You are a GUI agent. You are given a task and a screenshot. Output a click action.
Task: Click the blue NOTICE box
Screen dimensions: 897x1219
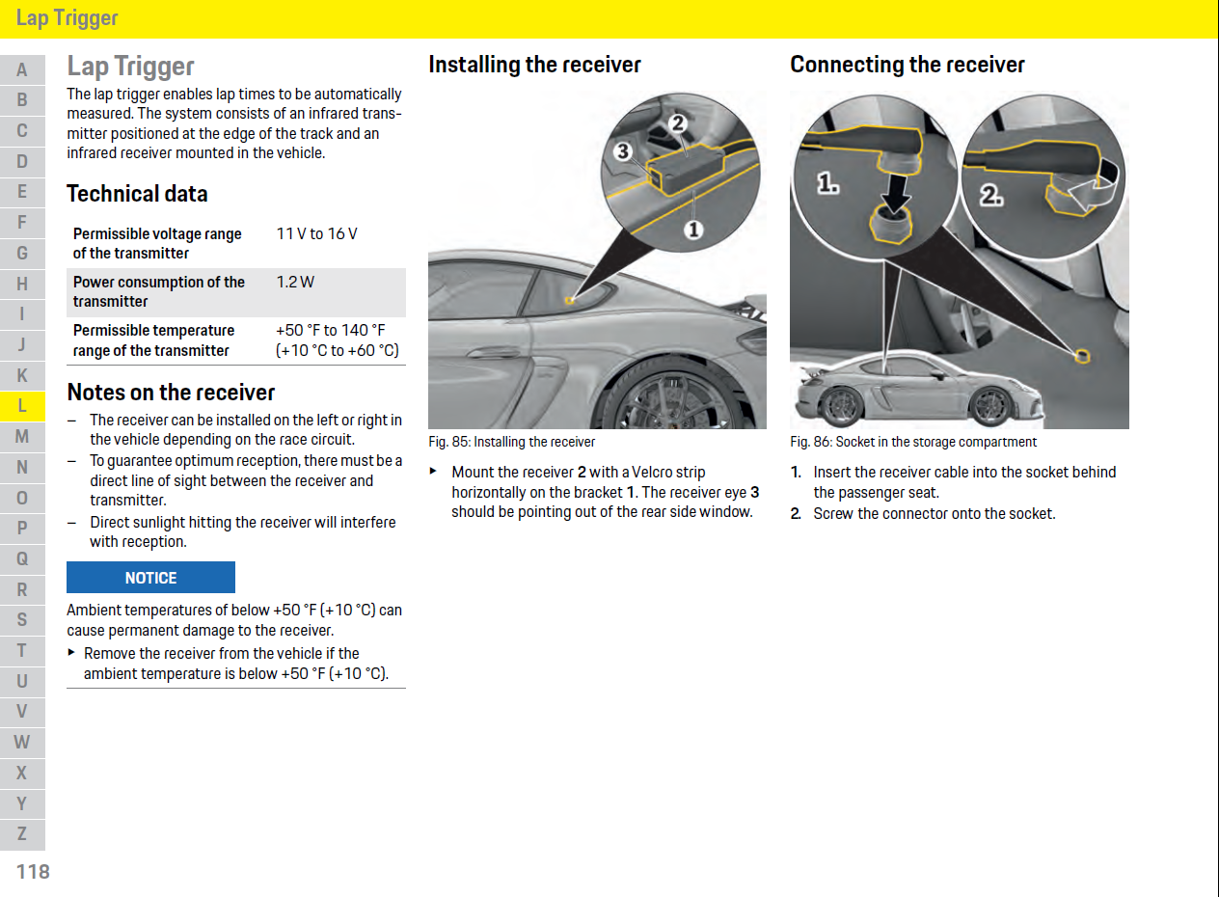coord(150,578)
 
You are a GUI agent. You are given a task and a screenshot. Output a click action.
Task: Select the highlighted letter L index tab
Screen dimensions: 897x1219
coord(22,405)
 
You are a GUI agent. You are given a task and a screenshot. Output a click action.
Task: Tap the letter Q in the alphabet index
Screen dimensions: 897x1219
coord(22,558)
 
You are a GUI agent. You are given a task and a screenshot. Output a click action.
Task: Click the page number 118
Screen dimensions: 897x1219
coord(33,872)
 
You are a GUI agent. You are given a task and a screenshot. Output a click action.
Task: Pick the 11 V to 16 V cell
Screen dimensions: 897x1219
coord(316,234)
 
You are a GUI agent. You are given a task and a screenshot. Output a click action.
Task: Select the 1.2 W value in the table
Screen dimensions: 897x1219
coord(295,283)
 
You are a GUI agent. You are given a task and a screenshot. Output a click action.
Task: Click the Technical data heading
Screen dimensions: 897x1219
coord(137,194)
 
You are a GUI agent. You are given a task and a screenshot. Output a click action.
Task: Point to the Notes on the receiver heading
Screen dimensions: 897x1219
coord(171,393)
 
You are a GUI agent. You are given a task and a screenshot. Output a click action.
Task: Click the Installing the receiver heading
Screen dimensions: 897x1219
coord(534,65)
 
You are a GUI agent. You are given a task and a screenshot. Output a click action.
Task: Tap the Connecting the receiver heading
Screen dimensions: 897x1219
coord(907,65)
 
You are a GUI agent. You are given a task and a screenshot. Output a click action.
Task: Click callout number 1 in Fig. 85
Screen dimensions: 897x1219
coord(692,229)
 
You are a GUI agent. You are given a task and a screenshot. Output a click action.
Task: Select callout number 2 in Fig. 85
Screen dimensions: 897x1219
coord(677,122)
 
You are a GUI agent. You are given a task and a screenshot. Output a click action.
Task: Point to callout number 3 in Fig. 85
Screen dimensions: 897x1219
coord(623,151)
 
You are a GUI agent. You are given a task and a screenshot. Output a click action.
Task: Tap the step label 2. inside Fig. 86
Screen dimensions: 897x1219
coord(991,195)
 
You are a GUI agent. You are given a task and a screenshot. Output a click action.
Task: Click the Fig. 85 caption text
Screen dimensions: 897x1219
coord(512,442)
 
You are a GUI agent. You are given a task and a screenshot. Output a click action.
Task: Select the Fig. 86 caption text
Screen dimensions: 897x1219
coord(913,442)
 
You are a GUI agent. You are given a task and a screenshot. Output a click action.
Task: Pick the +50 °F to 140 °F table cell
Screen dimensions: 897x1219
coord(337,340)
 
